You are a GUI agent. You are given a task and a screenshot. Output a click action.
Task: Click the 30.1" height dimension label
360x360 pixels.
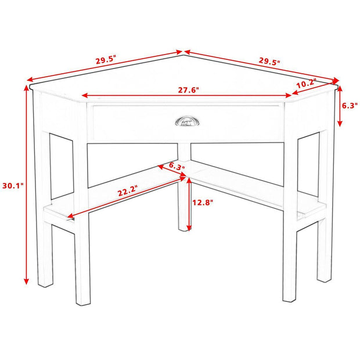tap(11, 186)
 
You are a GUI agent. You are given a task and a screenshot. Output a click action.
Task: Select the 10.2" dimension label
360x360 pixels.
tap(306, 84)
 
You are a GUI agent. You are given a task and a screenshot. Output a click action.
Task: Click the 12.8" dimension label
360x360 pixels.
tap(203, 203)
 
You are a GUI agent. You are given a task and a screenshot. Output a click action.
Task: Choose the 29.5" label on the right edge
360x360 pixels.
tap(269, 61)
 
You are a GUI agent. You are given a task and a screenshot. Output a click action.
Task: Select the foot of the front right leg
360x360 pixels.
tap(289, 298)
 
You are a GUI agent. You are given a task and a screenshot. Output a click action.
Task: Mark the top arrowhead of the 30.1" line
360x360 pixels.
tap(26, 87)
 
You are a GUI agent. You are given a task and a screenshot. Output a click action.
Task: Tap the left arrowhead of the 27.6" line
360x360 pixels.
tap(84, 96)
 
